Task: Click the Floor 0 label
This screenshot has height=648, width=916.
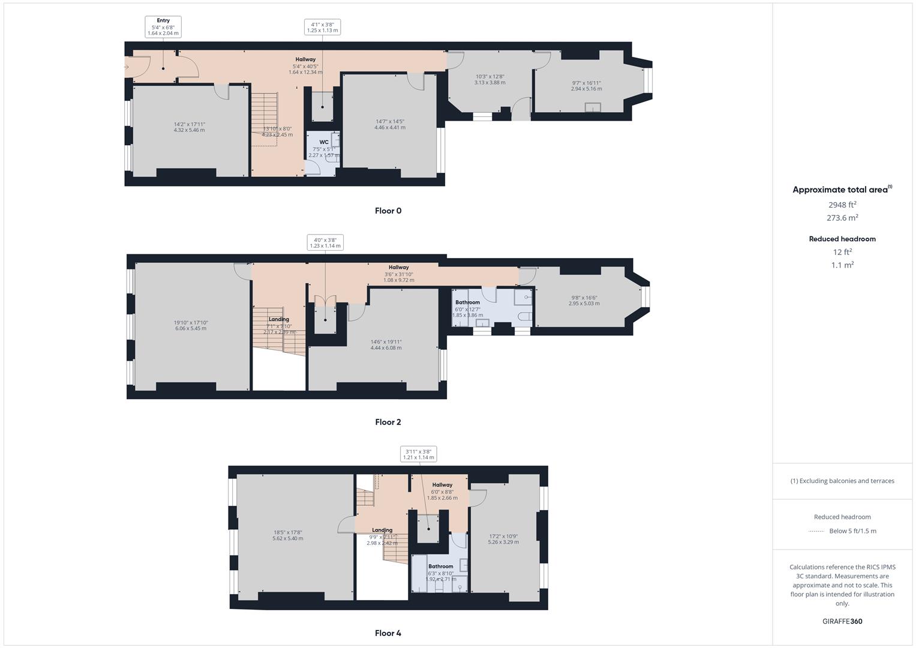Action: click(x=388, y=211)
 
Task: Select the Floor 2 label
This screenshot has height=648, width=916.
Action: click(x=388, y=422)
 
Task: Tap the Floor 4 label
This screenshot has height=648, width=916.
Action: click(x=388, y=633)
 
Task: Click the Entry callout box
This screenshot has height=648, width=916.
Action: click(x=163, y=27)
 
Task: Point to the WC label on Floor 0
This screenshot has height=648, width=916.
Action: click(x=324, y=142)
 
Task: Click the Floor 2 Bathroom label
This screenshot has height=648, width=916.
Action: click(x=467, y=302)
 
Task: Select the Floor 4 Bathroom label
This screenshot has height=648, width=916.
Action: click(x=440, y=566)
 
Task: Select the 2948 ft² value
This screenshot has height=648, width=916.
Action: click(x=842, y=205)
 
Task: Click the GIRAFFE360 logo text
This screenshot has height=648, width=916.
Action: click(x=842, y=621)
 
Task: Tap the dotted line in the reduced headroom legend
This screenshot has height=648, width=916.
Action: click(x=816, y=531)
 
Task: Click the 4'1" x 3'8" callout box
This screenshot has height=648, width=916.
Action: click(x=322, y=27)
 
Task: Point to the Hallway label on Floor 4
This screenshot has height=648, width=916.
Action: click(x=442, y=485)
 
